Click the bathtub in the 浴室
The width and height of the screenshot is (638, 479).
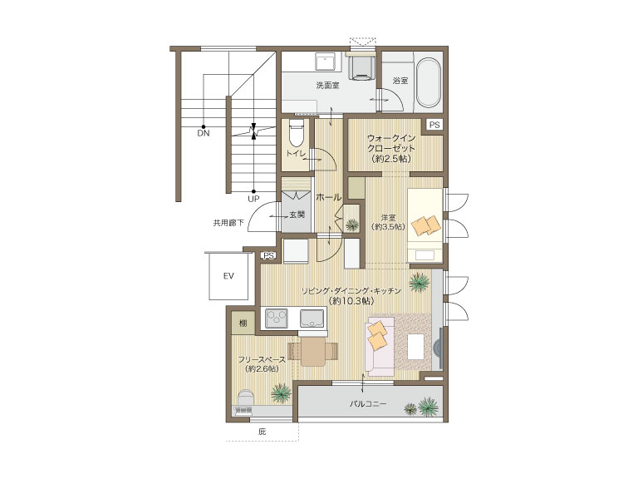[x=429, y=82]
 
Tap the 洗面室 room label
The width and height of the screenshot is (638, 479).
[x=327, y=86]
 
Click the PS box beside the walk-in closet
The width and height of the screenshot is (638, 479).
[x=434, y=125]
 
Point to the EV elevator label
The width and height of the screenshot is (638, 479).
[x=228, y=276]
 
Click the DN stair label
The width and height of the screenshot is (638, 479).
[x=204, y=133]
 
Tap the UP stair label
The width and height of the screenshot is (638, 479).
[x=253, y=200]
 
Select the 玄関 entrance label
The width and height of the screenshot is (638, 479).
[x=297, y=215]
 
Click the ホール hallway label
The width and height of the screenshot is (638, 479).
[x=329, y=198]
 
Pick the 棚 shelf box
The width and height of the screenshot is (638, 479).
[x=243, y=323]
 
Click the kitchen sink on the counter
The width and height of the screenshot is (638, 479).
[x=312, y=319]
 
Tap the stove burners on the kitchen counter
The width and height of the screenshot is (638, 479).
[x=277, y=319]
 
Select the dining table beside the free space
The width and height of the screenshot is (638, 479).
[x=312, y=352]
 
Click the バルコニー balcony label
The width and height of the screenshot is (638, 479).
[x=368, y=404]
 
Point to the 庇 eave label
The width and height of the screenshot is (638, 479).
[x=262, y=432]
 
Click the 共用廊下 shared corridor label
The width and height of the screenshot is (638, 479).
[x=228, y=223]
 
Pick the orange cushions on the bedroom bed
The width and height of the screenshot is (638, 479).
[x=426, y=225]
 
